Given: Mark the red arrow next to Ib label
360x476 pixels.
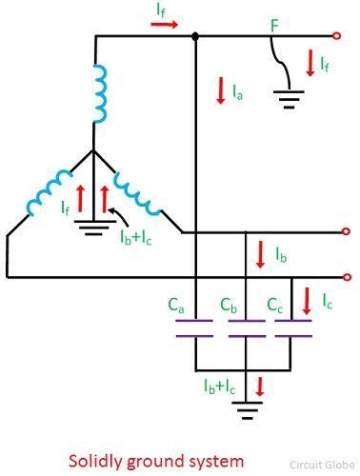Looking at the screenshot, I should [x=260, y=255].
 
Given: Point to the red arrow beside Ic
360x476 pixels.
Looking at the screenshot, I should [x=307, y=302].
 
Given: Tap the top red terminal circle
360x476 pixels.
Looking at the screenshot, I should [x=336, y=36].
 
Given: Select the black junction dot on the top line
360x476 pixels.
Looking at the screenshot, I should [x=195, y=36].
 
